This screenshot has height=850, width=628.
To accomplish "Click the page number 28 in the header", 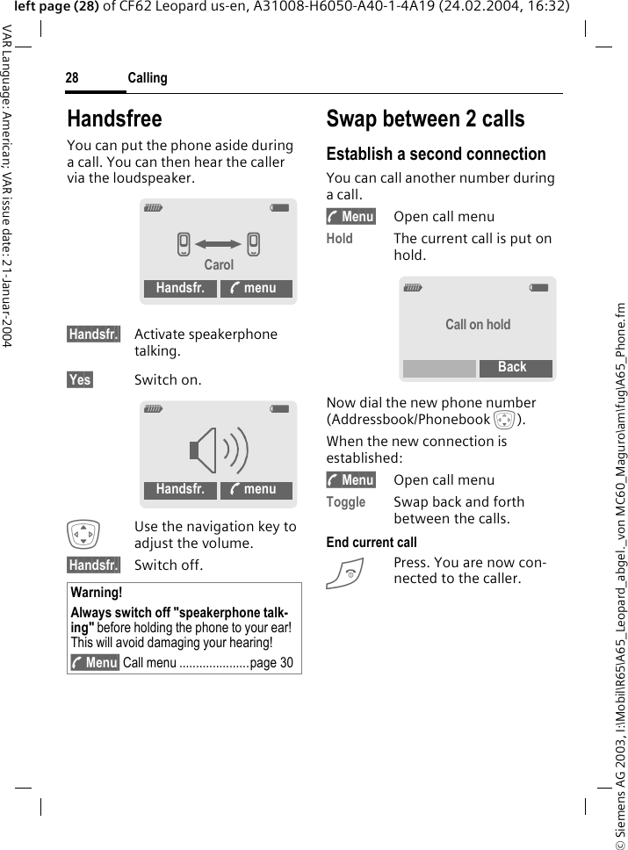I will [x=72, y=78].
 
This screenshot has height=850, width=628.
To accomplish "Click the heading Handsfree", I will [x=114, y=119].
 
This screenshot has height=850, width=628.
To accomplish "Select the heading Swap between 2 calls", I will [x=425, y=119].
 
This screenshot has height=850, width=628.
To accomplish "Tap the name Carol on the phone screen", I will [x=219, y=264].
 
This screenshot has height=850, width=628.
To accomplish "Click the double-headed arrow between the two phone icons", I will [x=218, y=244].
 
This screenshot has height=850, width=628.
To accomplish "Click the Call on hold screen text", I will [x=477, y=324].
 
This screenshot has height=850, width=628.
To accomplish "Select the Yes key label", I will [x=80, y=379].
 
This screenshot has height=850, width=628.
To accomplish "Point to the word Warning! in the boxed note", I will [x=97, y=593].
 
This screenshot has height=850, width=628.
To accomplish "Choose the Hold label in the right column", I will [x=340, y=239].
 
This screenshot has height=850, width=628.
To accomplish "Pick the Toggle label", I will [x=345, y=502].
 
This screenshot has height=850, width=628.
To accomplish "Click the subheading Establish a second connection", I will [x=436, y=155].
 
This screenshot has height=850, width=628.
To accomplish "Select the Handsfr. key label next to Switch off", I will [x=93, y=565].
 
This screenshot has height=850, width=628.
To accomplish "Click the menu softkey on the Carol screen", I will [x=256, y=289].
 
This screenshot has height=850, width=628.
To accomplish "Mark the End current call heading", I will [x=372, y=543].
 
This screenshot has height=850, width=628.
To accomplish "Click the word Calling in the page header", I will [x=148, y=78].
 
